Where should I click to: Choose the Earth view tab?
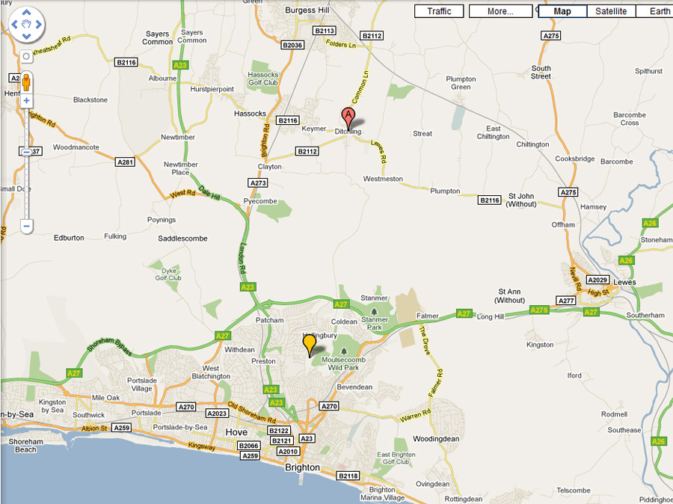coord(660,11)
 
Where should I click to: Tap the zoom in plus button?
coord(26,100)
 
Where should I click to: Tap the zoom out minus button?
coord(26,225)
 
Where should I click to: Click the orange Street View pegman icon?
coord(26,82)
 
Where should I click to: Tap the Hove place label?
coord(236,432)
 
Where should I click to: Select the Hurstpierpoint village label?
coord(212,89)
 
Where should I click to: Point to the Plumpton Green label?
coord(461,83)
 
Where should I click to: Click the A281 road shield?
coord(125,162)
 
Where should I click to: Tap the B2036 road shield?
coord(292,46)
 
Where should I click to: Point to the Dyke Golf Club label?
coord(168,274)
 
